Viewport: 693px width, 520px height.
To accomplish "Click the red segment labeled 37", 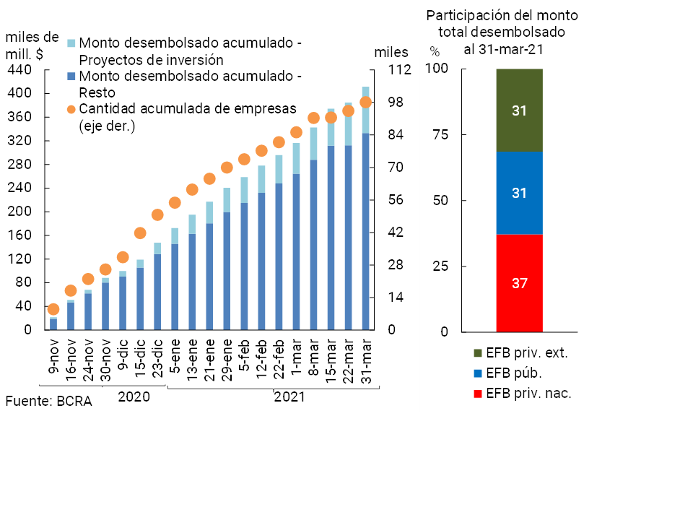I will pos(519,283).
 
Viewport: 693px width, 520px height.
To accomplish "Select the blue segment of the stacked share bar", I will pos(519,193).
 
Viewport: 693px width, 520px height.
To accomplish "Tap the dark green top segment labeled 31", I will pos(519,110).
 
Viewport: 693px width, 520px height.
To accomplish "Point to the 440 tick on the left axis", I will pos(19,69).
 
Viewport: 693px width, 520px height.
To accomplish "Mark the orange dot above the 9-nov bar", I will pos(53,309).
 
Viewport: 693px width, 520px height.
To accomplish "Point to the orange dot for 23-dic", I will pos(157,214).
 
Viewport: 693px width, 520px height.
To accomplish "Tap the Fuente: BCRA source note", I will pos(48,401).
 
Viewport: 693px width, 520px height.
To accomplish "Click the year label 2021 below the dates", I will pos(289,396).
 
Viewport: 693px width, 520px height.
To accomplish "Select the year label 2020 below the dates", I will pos(134,396).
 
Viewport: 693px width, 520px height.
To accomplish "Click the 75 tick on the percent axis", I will pos(440,134).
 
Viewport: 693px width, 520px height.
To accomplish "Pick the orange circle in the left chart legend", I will pos(70,109).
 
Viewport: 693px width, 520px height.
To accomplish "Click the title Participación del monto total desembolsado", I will pos(502,24).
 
